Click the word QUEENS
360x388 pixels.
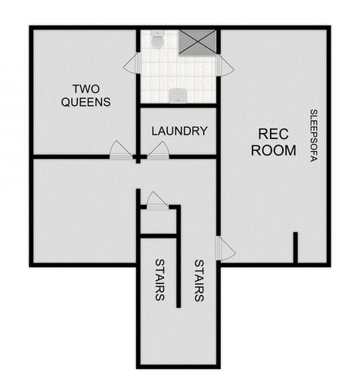86,101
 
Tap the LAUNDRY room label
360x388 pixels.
179,131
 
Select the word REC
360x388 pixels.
274,134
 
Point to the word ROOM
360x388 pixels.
274,151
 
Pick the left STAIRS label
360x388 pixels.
160,280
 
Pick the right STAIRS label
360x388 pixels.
199,281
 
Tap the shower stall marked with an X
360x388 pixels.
198,42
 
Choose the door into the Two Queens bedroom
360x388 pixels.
120,151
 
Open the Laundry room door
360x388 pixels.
158,151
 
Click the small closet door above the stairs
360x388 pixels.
157,200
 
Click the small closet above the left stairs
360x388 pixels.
158,221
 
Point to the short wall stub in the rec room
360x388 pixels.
295,247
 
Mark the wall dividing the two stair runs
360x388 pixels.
179,257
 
